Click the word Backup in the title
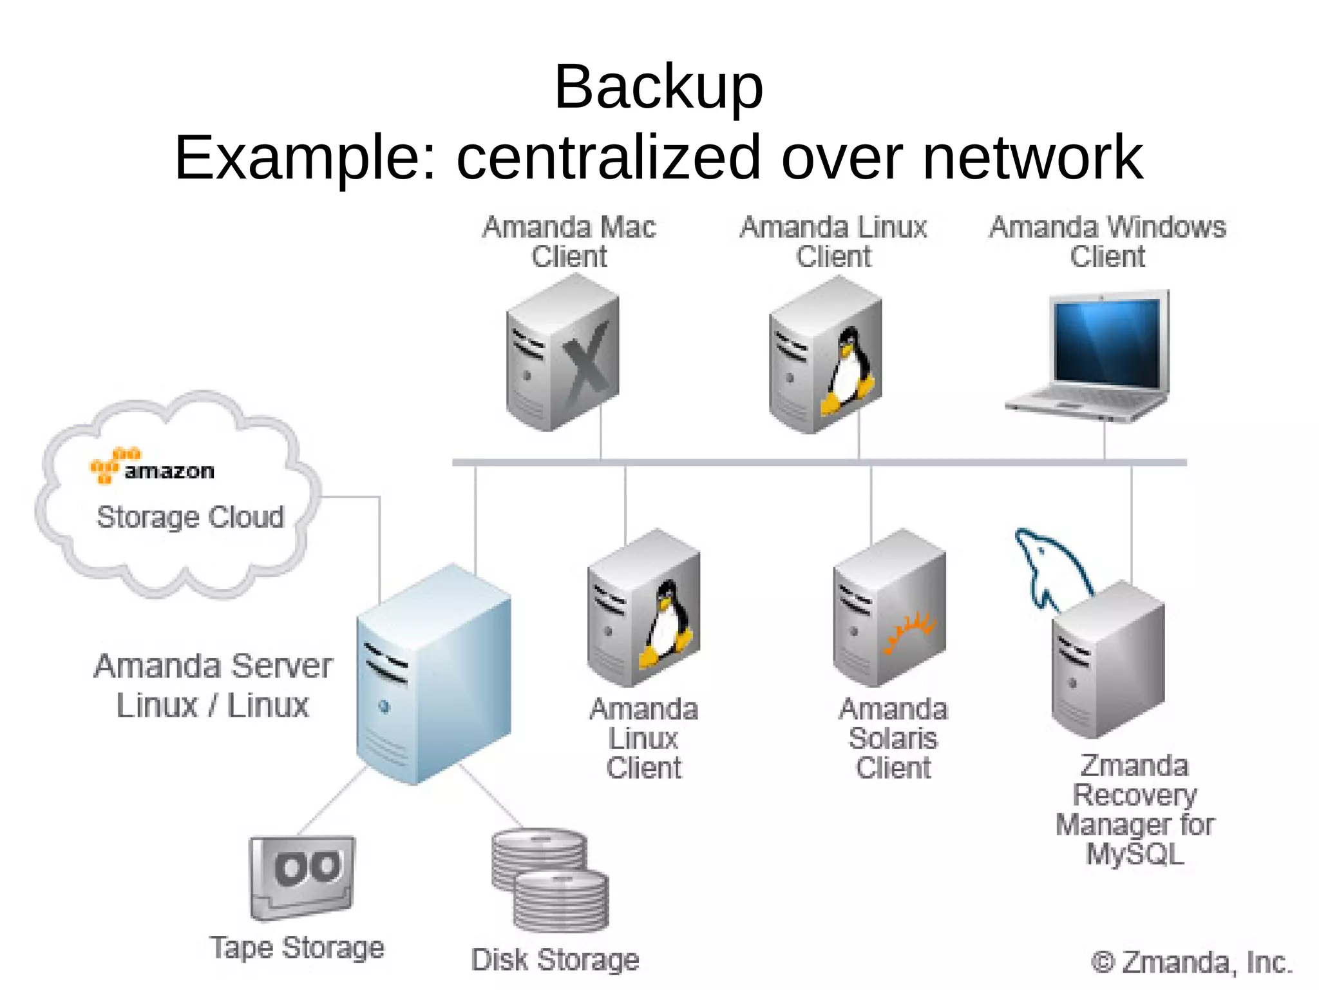click(658, 87)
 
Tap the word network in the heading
click(1032, 158)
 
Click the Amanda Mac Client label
click(569, 242)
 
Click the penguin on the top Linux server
click(849, 371)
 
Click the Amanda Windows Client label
click(1107, 242)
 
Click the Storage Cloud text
click(190, 517)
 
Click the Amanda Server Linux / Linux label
click(213, 685)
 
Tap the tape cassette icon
click(303, 877)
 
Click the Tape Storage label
click(297, 947)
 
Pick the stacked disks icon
click(551, 880)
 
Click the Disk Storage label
click(555, 960)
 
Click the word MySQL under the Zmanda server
click(1135, 854)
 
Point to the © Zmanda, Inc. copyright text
click(1191, 962)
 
